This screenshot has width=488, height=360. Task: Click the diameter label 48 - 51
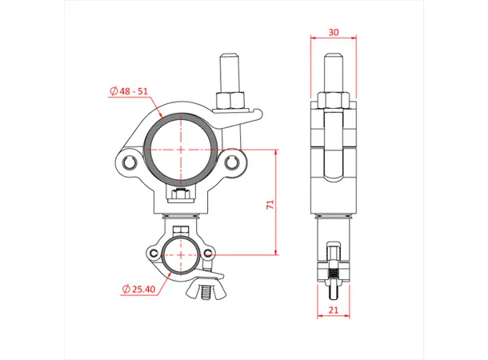(131, 90)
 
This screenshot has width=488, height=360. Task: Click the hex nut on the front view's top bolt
(230, 98)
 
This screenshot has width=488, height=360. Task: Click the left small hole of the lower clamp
(154, 254)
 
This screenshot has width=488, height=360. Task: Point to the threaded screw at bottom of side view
(333, 276)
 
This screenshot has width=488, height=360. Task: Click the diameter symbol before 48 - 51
(113, 90)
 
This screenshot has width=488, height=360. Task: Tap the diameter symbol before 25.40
(126, 287)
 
